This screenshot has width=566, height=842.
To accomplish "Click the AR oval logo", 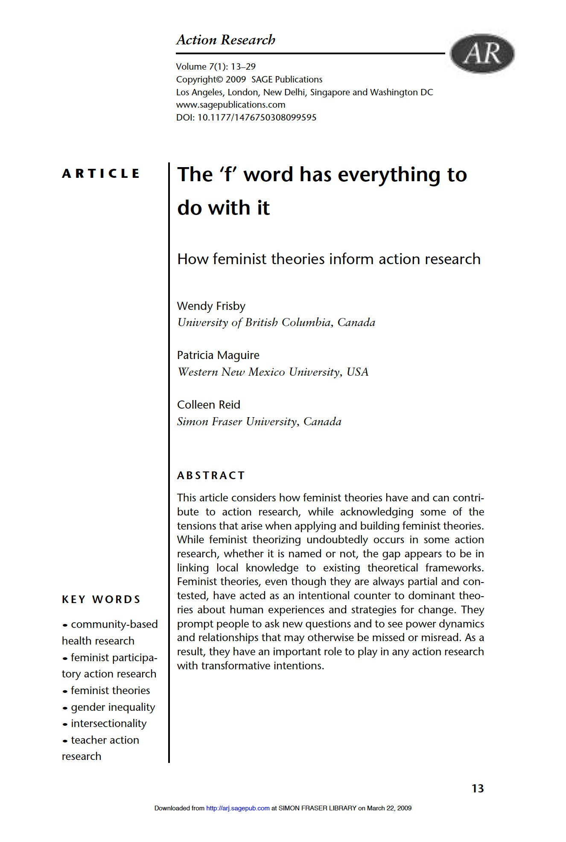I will [x=482, y=53].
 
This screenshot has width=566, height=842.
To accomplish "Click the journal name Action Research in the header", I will [x=226, y=40].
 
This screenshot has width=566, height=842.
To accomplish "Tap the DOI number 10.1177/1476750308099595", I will [x=257, y=118].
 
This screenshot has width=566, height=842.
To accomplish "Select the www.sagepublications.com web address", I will [x=230, y=105].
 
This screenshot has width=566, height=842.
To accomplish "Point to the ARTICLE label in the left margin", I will [x=101, y=174].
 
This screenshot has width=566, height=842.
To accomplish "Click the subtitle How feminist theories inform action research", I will [x=329, y=259].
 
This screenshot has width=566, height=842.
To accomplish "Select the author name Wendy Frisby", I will [x=211, y=306].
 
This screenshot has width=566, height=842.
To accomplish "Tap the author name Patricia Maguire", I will [x=218, y=355].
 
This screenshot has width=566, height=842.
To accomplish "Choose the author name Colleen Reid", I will [x=209, y=405].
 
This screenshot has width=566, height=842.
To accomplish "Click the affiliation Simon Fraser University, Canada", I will [x=259, y=422].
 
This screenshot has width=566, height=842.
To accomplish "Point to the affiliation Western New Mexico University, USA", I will [x=273, y=372].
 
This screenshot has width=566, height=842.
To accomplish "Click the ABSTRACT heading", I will [x=211, y=475].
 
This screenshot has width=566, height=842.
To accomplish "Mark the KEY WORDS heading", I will [x=101, y=599].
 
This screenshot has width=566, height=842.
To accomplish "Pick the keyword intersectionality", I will [x=108, y=723].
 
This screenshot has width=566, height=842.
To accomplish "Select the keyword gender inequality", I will [x=113, y=707].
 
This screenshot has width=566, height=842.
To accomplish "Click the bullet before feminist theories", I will [x=65, y=691].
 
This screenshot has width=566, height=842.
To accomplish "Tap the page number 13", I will [x=478, y=789].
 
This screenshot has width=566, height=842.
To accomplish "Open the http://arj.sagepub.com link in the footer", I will [x=238, y=808].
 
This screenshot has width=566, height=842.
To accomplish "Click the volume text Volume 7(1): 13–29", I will [x=216, y=67].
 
